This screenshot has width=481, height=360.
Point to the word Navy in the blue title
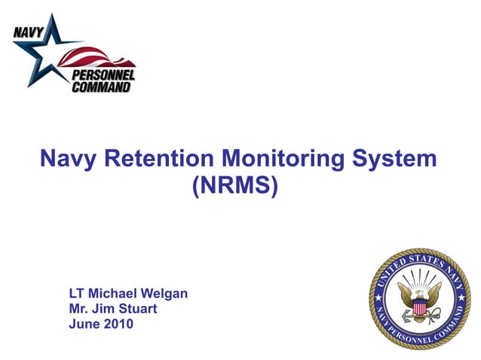coord(69,159)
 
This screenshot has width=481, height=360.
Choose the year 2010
coord(119,325)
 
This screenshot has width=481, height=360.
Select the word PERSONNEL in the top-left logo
coord(103,75)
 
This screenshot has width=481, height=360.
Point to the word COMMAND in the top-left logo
coord(101,87)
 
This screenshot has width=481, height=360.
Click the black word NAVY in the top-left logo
coord(27,31)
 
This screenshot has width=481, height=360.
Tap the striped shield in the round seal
coord(418,307)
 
